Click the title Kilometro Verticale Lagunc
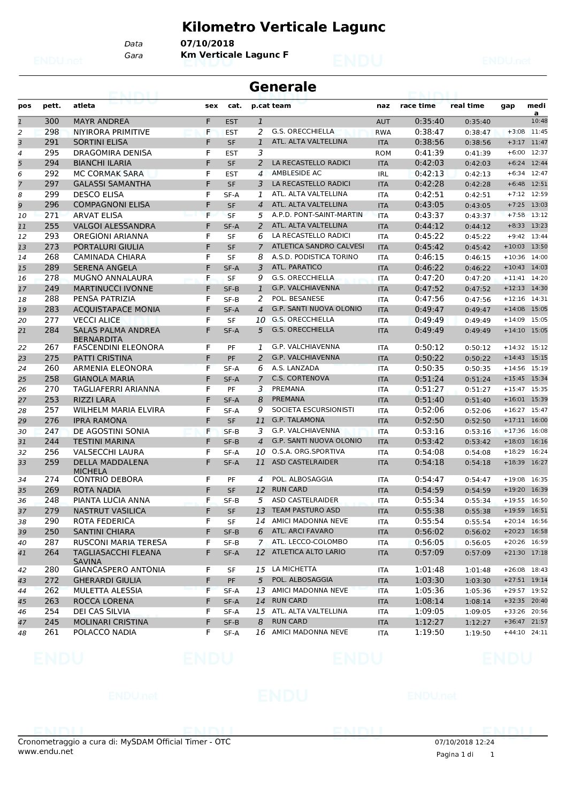click(284, 27)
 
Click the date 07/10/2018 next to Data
click(207, 44)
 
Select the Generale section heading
click(282, 87)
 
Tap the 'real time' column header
click(467, 106)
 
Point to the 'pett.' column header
click(52, 106)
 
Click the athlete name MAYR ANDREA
click(101, 121)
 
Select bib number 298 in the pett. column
click(52, 132)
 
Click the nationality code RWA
click(383, 132)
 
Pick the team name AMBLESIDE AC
click(296, 173)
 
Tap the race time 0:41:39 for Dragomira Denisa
click(429, 153)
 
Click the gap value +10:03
click(514, 247)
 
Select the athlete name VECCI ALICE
click(97, 320)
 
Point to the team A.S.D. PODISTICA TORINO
click(315, 257)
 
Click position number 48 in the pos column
click(22, 633)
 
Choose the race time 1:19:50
click(429, 632)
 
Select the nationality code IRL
click(383, 174)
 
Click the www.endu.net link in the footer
click(45, 751)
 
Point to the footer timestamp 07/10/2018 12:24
click(464, 742)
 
